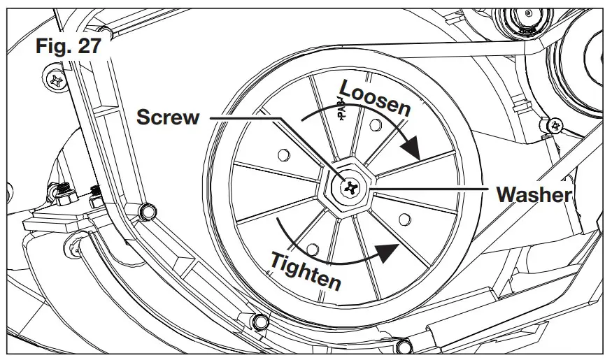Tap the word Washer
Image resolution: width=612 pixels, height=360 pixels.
[x=534, y=194]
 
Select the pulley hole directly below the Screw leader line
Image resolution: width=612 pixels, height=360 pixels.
[x=283, y=152]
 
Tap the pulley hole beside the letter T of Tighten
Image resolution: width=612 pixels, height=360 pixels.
[x=313, y=247]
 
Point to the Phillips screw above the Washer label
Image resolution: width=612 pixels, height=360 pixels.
[x=556, y=126]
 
